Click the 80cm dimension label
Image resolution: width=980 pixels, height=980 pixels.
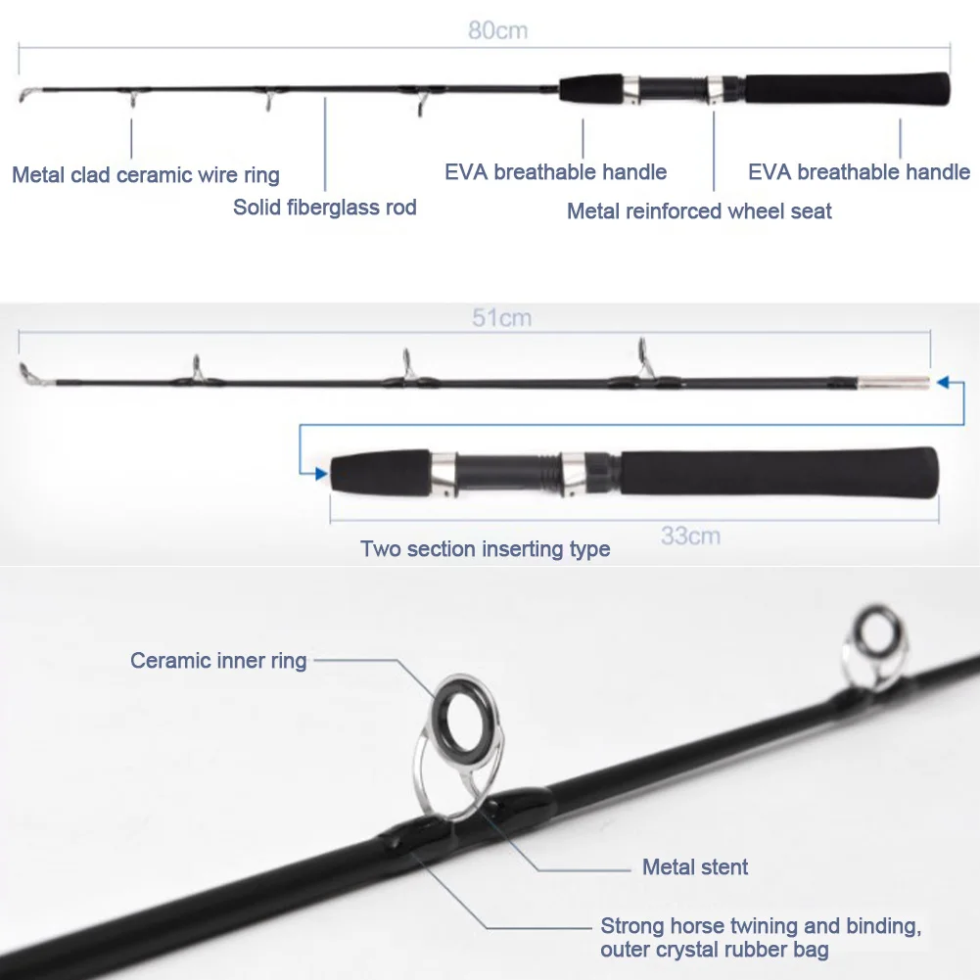[497, 30]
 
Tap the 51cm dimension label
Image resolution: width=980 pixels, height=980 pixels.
[501, 318]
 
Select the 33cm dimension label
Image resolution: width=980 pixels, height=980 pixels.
[690, 536]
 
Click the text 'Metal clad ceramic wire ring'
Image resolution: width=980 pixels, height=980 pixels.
[146, 175]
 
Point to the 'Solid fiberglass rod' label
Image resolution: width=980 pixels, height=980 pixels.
[325, 207]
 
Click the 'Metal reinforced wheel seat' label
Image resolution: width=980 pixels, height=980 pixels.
[699, 210]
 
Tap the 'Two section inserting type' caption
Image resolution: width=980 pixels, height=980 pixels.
[485, 549]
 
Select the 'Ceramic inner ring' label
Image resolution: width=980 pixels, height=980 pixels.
[218, 661]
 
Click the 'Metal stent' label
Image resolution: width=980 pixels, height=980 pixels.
[695, 866]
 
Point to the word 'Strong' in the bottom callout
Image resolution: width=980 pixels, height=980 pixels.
[632, 926]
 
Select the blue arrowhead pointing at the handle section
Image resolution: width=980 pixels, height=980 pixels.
[320, 474]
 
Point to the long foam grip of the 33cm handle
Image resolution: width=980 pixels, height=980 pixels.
[778, 472]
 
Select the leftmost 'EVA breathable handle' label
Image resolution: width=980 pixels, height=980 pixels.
[555, 173]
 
